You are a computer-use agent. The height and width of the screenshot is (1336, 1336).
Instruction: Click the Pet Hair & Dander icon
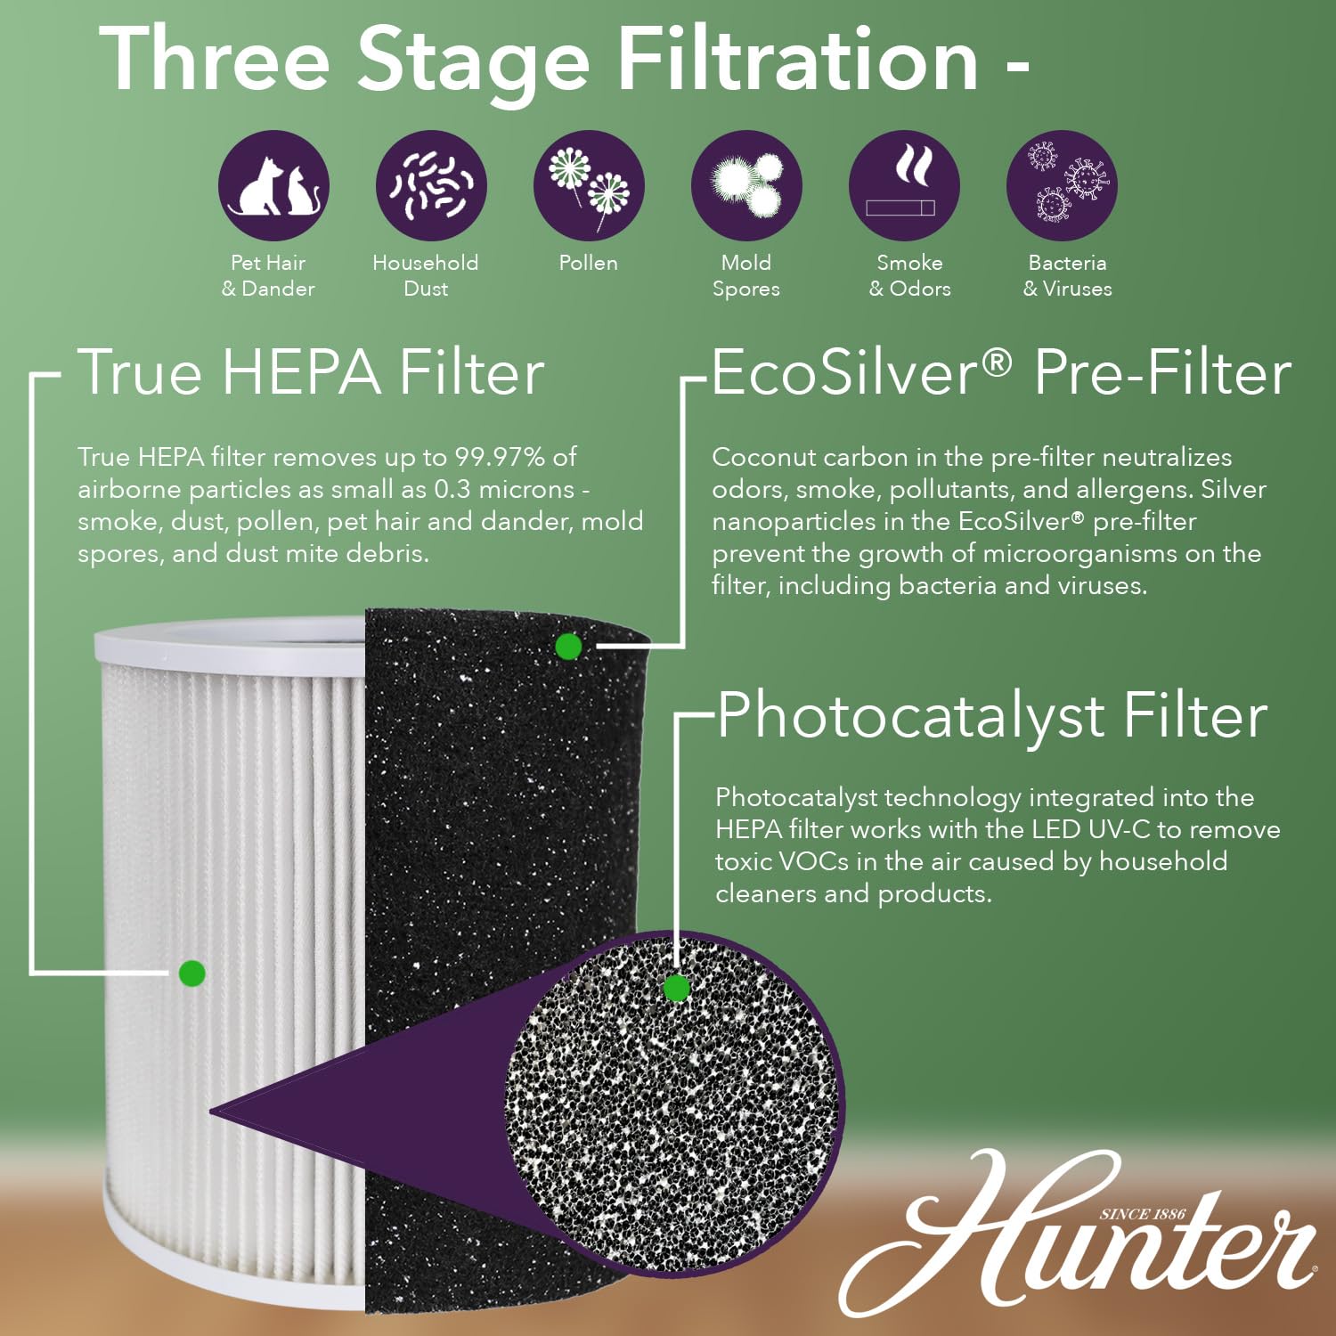273,186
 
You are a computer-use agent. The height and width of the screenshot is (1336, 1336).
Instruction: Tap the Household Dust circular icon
431,186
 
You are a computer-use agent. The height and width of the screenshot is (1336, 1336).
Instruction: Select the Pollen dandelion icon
589,186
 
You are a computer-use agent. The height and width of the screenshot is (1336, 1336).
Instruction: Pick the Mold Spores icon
746,186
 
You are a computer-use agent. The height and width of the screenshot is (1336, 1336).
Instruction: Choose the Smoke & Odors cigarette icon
904,186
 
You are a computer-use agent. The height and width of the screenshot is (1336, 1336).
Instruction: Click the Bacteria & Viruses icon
1062,186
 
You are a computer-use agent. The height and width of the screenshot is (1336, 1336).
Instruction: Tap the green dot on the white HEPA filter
192,973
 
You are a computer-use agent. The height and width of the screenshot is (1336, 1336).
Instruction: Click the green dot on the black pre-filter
568,647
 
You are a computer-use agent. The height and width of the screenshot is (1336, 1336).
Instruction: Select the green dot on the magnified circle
677,988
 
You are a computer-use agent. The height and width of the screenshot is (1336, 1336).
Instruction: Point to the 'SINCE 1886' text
1143,1214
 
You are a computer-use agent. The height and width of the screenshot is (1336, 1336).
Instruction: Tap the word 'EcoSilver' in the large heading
844,372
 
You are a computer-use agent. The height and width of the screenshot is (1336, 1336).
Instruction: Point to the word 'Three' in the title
215,59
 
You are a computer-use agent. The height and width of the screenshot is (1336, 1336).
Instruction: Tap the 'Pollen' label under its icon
588,263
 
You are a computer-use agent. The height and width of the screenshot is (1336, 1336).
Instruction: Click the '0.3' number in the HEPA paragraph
452,489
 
